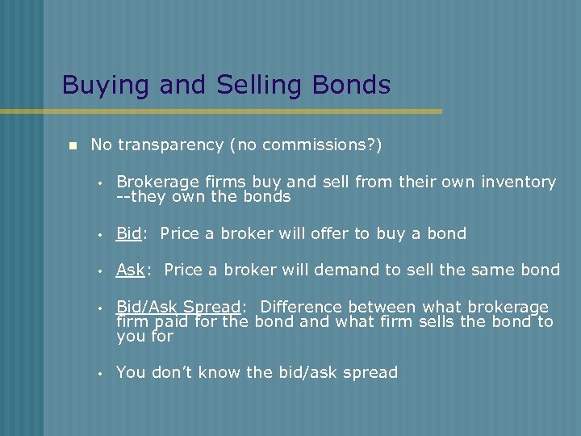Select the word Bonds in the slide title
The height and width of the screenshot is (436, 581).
coord(353,85)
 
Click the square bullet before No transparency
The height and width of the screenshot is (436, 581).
coord(71,146)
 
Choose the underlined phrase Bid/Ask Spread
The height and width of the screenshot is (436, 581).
coord(178,307)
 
